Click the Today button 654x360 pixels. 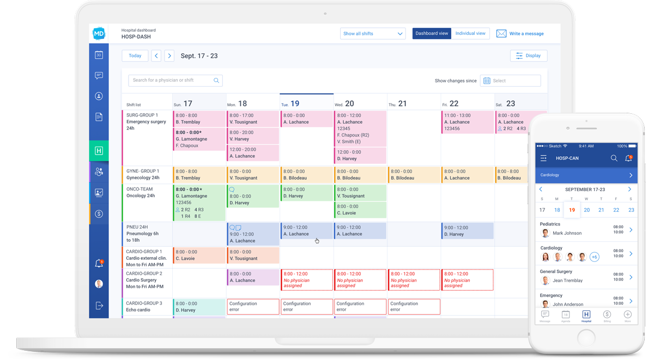tap(135, 56)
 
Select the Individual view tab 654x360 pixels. tap(470, 33)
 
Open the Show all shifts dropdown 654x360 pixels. tap(373, 34)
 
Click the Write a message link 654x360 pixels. tap(520, 34)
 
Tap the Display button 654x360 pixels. tap(528, 56)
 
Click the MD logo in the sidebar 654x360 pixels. tap(99, 34)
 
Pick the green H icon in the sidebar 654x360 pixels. tap(99, 151)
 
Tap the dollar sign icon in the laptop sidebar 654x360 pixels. tap(99, 214)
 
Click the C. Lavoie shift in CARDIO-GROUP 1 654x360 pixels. tap(199, 255)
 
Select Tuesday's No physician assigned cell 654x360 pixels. tap(306, 280)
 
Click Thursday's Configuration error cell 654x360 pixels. tap(414, 307)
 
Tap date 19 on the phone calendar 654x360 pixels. tap(572, 210)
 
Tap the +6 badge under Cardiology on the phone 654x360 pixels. tap(594, 257)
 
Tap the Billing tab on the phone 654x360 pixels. tap(607, 316)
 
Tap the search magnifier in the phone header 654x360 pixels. tap(614, 158)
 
